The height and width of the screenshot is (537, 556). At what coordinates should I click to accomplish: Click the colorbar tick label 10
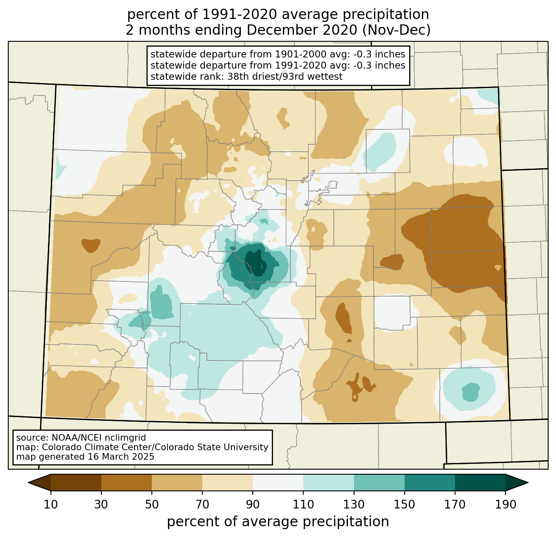click(x=51, y=504)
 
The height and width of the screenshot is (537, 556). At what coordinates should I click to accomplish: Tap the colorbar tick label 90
click(x=253, y=504)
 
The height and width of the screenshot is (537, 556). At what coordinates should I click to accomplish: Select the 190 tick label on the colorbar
click(x=505, y=504)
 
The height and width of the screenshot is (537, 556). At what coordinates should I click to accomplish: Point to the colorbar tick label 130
click(x=354, y=504)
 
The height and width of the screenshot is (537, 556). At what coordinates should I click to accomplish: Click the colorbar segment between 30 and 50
click(x=127, y=482)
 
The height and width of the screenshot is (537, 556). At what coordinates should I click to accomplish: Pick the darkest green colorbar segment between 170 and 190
click(x=480, y=482)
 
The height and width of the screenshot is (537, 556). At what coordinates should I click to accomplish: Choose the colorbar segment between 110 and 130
click(x=328, y=482)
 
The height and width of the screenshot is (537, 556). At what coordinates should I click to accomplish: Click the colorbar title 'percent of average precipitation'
click(x=278, y=522)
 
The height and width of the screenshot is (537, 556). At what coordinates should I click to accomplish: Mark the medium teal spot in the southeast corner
click(x=470, y=391)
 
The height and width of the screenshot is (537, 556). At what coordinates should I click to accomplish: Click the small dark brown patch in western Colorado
click(x=91, y=245)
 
